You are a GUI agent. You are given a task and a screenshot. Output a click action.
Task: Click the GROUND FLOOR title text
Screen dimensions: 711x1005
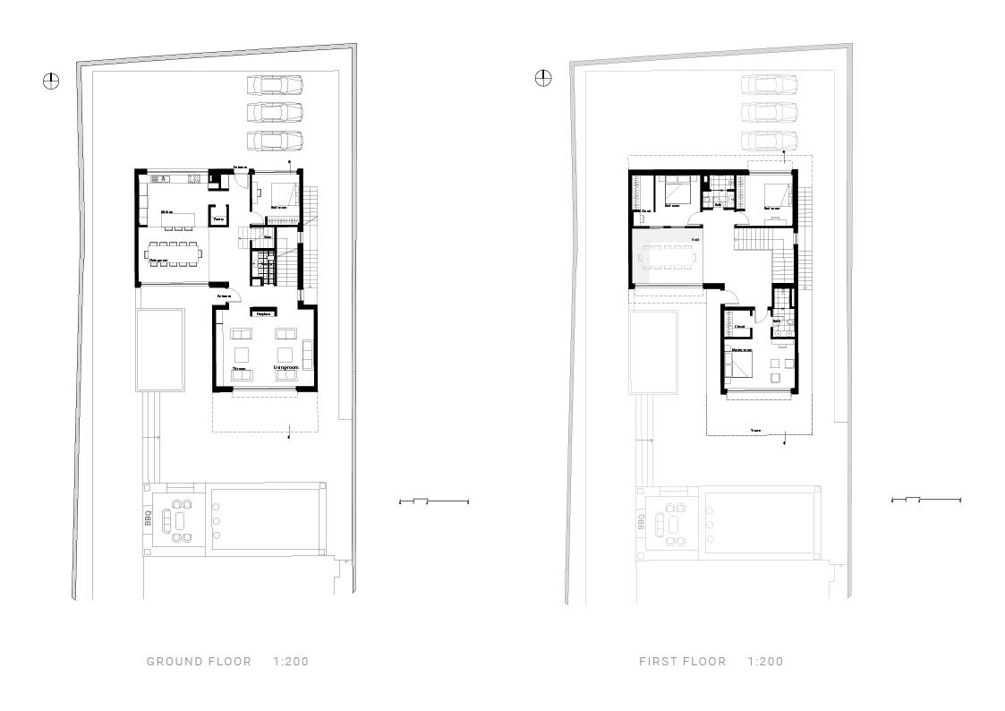(199, 662)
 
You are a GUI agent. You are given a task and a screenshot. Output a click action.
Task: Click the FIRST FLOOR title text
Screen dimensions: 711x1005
(682, 662)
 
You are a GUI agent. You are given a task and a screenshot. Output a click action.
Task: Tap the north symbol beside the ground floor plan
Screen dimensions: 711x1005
(51, 81)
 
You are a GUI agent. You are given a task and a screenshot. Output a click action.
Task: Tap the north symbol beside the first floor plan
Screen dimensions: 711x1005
(543, 78)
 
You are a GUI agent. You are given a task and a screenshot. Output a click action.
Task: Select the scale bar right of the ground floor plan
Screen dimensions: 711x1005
(433, 501)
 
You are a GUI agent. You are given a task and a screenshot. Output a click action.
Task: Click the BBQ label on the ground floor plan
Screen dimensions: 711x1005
(149, 518)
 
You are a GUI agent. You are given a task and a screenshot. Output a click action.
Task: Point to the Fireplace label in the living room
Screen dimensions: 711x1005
(263, 313)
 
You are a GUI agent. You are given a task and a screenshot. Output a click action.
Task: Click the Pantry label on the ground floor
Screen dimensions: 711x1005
(218, 218)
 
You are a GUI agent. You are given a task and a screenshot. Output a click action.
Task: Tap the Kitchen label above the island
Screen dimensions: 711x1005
(166, 212)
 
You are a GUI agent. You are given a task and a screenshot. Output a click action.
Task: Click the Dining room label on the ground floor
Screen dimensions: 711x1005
(159, 261)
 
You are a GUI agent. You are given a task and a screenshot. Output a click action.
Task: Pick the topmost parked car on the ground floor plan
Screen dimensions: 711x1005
(275, 85)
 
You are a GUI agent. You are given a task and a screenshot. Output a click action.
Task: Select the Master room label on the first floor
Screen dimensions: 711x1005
(742, 350)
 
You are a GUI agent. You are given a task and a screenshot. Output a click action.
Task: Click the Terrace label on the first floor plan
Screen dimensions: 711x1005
(756, 431)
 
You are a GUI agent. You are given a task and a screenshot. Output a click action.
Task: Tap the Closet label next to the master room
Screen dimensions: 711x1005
(740, 327)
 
